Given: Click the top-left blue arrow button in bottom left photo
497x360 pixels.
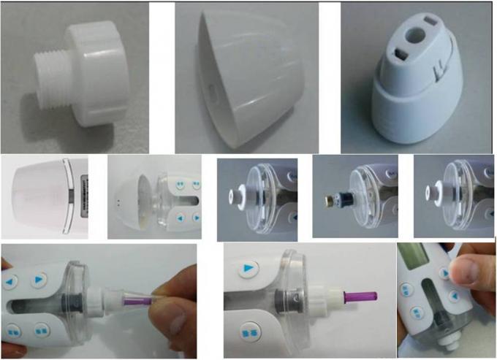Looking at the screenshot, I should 12,281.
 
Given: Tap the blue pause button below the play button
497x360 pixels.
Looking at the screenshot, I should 250,332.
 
